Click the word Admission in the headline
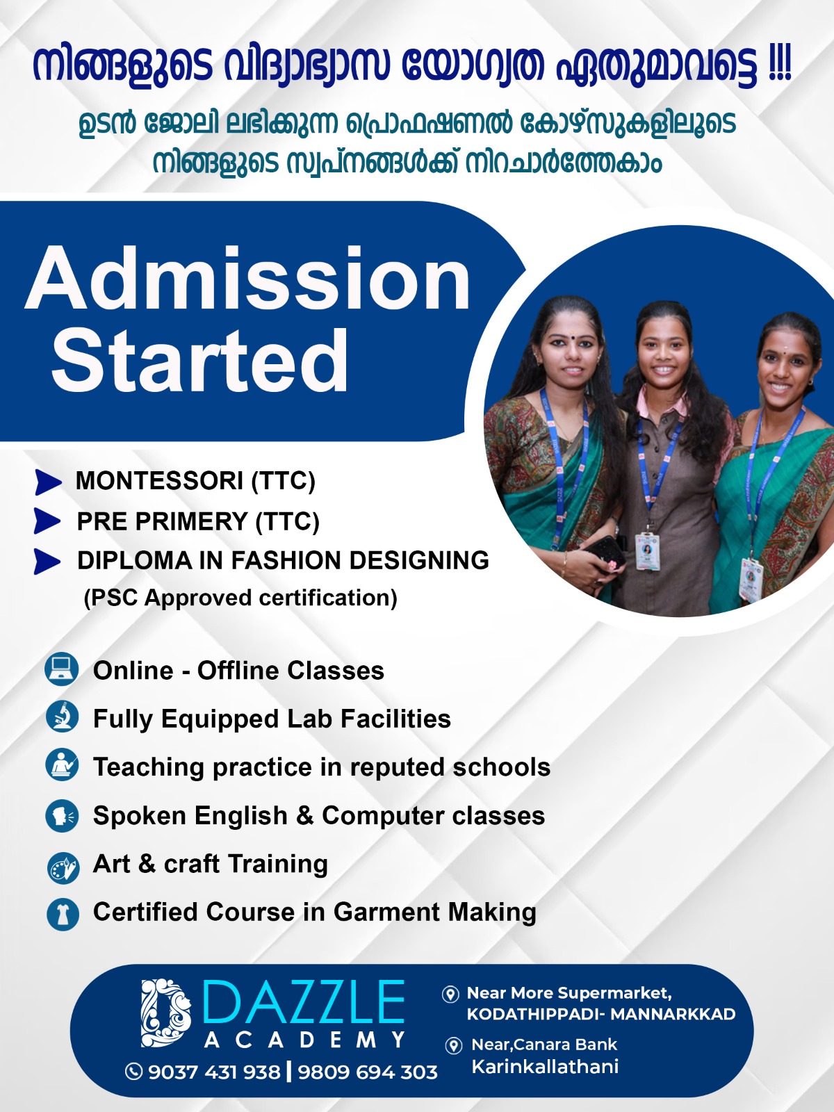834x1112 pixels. pyautogui.click(x=248, y=279)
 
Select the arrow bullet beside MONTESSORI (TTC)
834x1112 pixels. pyautogui.click(x=48, y=481)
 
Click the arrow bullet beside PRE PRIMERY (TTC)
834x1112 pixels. pyautogui.click(x=48, y=521)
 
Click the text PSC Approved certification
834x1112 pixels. pyautogui.click(x=240, y=598)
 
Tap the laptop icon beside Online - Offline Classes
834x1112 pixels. pyautogui.click(x=62, y=669)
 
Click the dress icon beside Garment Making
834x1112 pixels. pyautogui.click(x=63, y=914)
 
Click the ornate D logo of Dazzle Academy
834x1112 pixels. pyautogui.click(x=165, y=1013)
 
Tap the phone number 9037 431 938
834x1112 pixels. pyautogui.click(x=213, y=1072)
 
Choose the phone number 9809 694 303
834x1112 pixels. pyautogui.click(x=368, y=1072)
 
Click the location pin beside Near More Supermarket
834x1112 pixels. pyautogui.click(x=450, y=994)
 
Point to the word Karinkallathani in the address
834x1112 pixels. pyautogui.click(x=545, y=1067)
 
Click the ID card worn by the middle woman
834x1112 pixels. pyautogui.click(x=647, y=551)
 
